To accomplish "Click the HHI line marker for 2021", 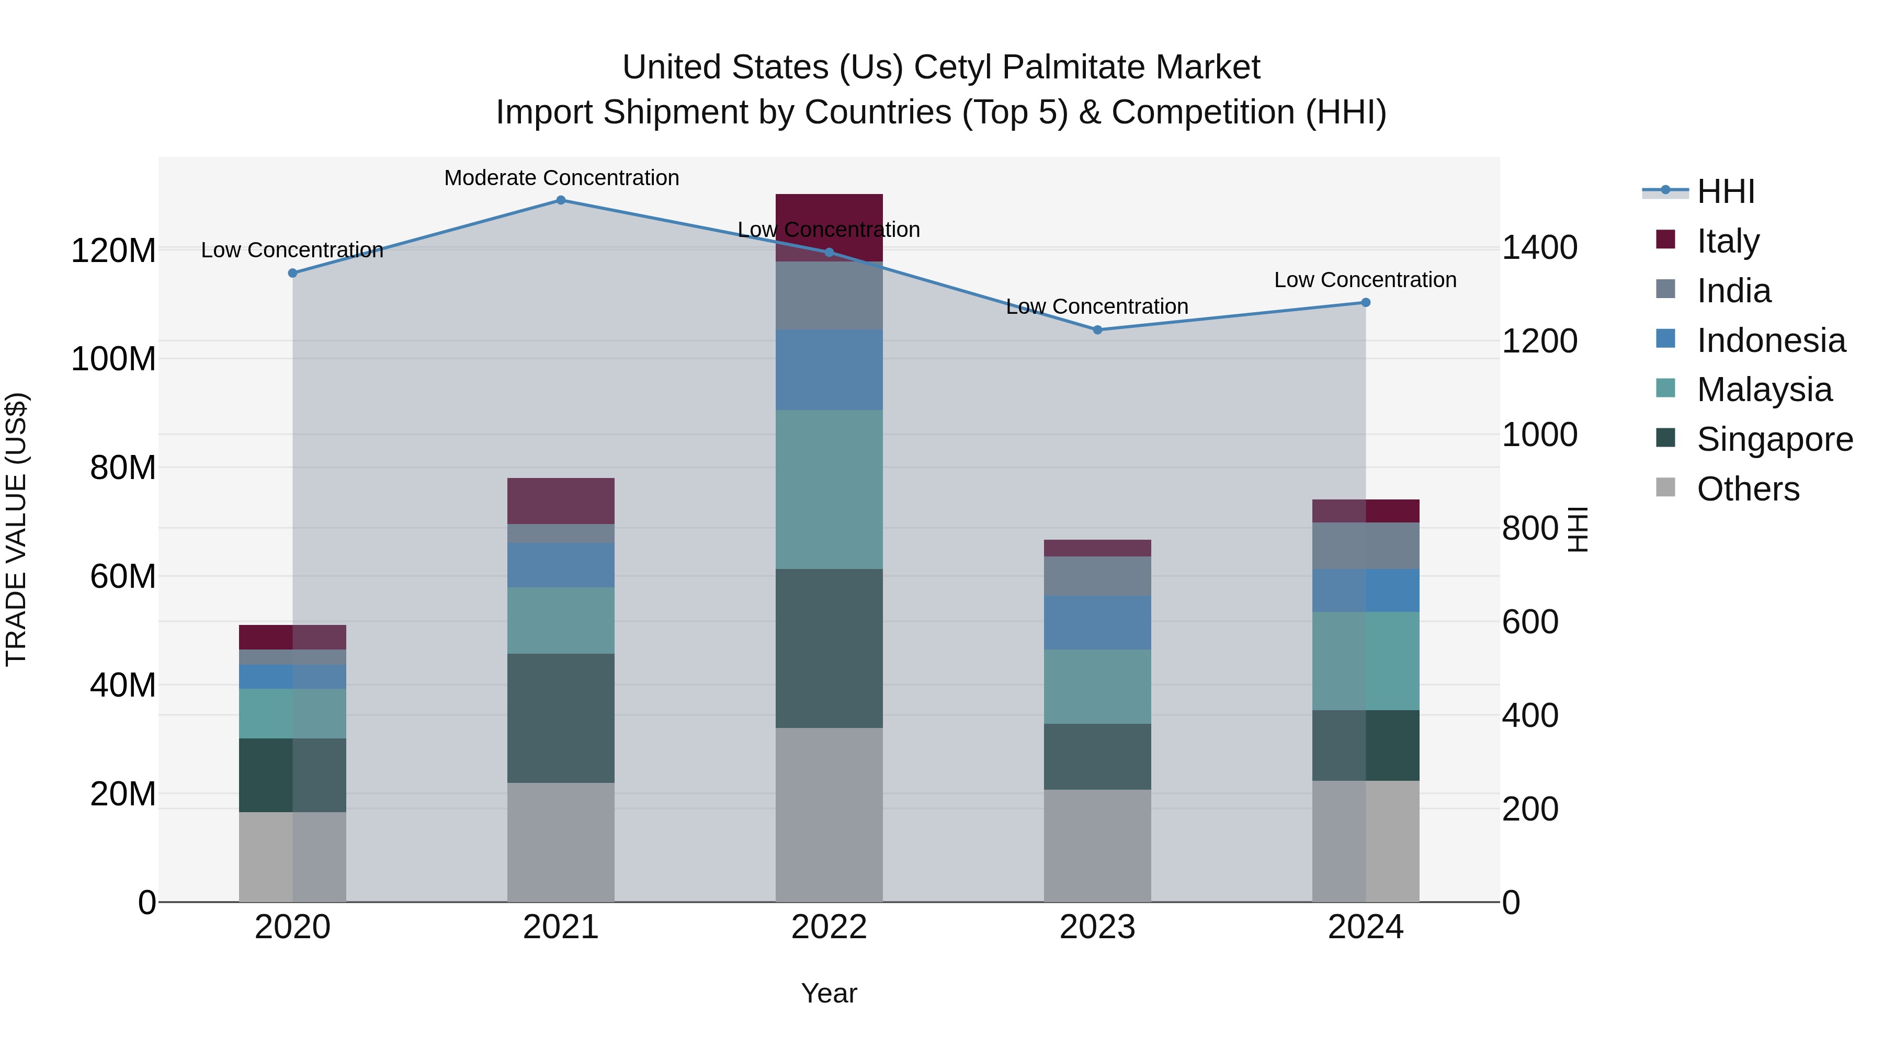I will (561, 200).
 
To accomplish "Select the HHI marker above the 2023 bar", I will (1097, 329).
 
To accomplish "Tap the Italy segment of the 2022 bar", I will (829, 212).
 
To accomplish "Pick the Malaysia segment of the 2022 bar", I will (829, 489).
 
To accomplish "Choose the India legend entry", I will (1733, 291).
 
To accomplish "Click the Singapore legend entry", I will (1774, 439).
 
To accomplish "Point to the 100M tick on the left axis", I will (114, 359).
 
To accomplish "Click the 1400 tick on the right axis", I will (1539, 248).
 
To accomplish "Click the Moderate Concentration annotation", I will (561, 178).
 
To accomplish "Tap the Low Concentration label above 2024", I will (1365, 280).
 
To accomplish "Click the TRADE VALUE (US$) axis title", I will (16, 529).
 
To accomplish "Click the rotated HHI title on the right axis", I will (1578, 529).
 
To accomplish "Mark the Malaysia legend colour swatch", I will (1665, 389).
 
